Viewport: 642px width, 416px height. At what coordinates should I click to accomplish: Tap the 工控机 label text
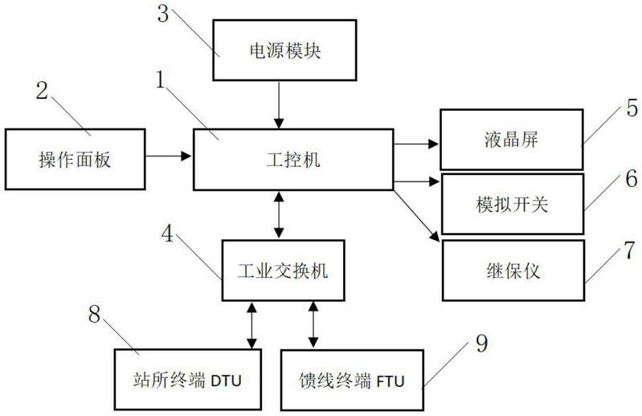pyautogui.click(x=293, y=160)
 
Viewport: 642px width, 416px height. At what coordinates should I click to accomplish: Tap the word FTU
pyautogui.click(x=391, y=381)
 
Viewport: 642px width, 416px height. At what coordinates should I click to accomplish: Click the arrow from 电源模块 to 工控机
pyautogui.click(x=279, y=105)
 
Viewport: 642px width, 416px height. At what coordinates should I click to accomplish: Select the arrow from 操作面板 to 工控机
pyautogui.click(x=168, y=156)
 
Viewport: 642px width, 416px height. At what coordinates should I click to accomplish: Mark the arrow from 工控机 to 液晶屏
pyautogui.click(x=416, y=144)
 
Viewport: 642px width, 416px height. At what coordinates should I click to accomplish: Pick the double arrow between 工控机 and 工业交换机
pyautogui.click(x=279, y=215)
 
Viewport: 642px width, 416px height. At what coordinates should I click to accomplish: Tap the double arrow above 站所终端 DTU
pyautogui.click(x=251, y=325)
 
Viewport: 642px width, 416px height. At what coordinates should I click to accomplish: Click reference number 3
pyautogui.click(x=163, y=14)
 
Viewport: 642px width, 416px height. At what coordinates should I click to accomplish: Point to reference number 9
pyautogui.click(x=482, y=343)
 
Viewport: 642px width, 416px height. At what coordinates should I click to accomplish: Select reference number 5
pyautogui.click(x=632, y=108)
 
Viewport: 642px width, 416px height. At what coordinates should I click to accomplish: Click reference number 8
pyautogui.click(x=95, y=314)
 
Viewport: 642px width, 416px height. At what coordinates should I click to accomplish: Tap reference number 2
pyautogui.click(x=42, y=91)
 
